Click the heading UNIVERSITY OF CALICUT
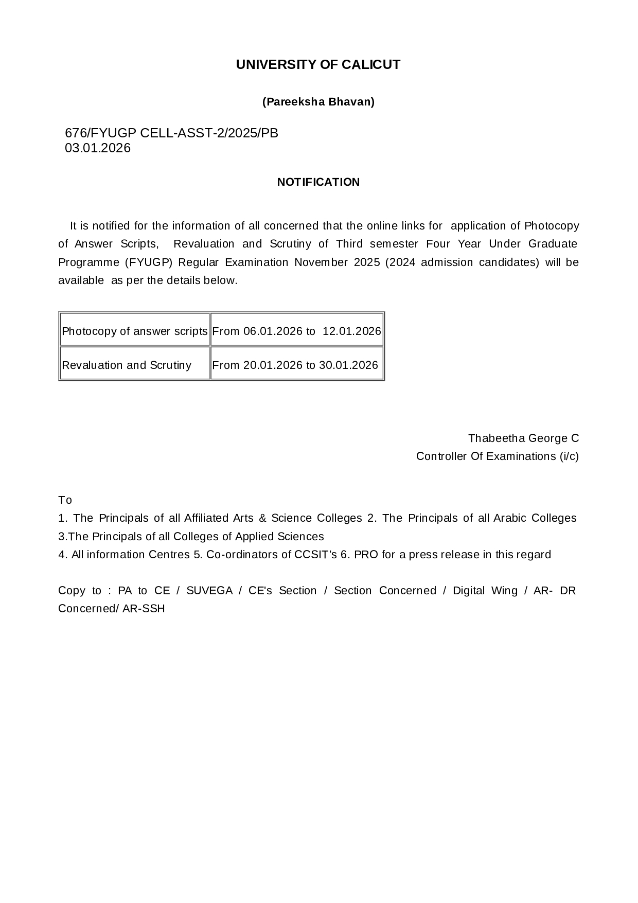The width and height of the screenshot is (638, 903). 318,65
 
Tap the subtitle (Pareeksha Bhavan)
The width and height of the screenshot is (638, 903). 318,102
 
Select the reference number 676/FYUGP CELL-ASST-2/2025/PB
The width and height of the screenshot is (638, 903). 171,133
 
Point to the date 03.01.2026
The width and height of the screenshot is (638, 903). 98,148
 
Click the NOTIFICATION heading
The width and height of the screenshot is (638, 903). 318,182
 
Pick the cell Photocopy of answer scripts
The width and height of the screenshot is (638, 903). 134,331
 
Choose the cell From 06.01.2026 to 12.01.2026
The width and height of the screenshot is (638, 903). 297,331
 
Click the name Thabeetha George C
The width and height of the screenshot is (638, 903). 523,438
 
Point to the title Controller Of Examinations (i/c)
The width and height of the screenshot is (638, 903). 497,456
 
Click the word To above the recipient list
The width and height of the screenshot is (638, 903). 65,500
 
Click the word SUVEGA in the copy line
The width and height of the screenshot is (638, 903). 209,591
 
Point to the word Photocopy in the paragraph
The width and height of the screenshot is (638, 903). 552,226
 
